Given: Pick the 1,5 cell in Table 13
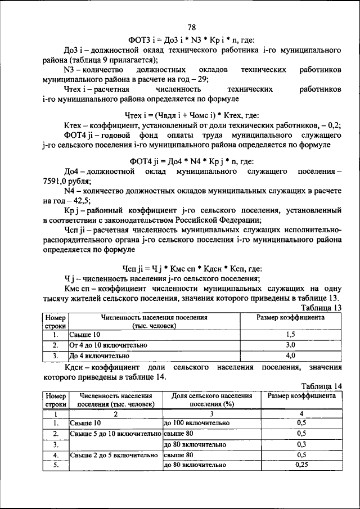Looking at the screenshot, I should click(x=290, y=335).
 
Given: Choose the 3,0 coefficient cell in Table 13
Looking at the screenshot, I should click(x=290, y=345).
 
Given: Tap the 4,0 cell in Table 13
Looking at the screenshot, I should click(x=290, y=355).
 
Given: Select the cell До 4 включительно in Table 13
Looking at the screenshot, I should click(x=99, y=355).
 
